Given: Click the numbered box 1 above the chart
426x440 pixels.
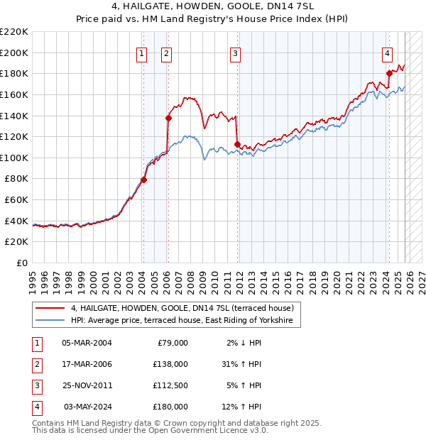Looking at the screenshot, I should pyautogui.click(x=142, y=53).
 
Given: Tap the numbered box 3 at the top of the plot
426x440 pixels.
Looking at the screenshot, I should pyautogui.click(x=235, y=53).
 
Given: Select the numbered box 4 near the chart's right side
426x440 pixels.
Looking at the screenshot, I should pyautogui.click(x=387, y=53).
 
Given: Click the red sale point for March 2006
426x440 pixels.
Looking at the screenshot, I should pyautogui.click(x=168, y=118).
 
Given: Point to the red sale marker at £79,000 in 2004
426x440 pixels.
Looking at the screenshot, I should pyautogui.click(x=143, y=180).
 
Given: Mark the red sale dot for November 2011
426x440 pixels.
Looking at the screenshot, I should pyautogui.click(x=237, y=144).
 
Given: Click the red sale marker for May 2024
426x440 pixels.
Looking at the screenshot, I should pyautogui.click(x=389, y=73).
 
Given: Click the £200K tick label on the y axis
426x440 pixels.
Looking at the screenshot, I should pyautogui.click(x=14, y=53).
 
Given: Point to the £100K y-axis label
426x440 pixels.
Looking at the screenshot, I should pyautogui.click(x=14, y=158).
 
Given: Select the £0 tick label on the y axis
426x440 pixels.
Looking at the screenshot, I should pyautogui.click(x=21, y=263).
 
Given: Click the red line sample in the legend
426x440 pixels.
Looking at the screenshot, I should pyautogui.click(x=50, y=308).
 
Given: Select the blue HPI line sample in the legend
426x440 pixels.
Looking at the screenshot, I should pyautogui.click(x=50, y=321).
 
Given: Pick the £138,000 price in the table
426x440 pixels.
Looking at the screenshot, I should pyautogui.click(x=171, y=364).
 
